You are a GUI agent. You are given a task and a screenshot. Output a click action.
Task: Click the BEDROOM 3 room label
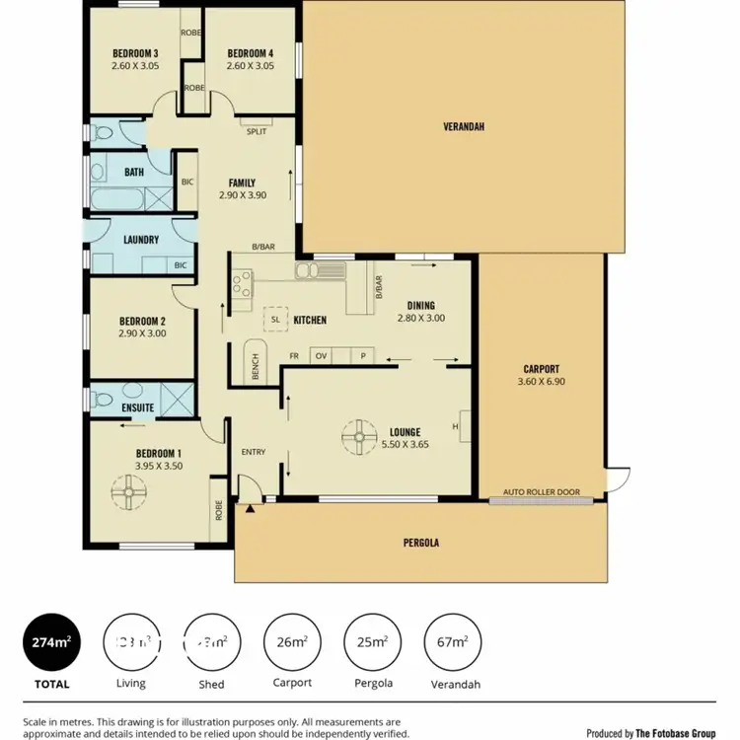[x=134, y=52]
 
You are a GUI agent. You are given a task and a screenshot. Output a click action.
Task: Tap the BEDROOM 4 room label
[x=249, y=52]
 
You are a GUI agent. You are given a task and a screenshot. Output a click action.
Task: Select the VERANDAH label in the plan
[x=463, y=125]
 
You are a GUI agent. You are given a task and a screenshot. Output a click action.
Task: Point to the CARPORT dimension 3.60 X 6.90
[x=540, y=382]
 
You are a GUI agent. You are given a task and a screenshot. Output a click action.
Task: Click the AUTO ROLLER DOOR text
[x=541, y=491]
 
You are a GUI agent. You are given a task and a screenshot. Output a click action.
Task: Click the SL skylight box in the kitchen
[x=275, y=320]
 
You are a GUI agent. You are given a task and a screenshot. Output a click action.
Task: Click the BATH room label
[x=134, y=172]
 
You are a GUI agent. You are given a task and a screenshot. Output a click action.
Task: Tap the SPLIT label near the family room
[x=256, y=130]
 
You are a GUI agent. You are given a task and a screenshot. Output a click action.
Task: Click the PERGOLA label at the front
[x=420, y=543]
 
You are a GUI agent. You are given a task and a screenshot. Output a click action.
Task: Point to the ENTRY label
[x=254, y=452]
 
